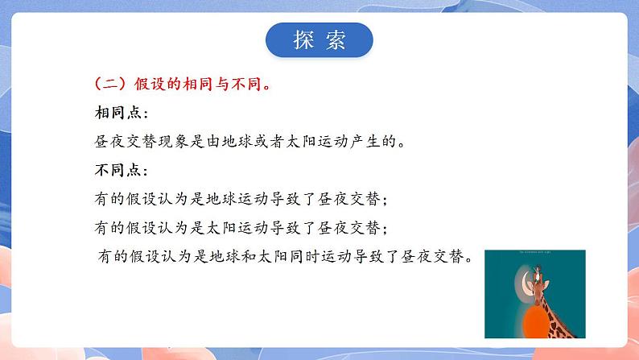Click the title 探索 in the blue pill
pyautogui.click(x=319, y=41)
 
